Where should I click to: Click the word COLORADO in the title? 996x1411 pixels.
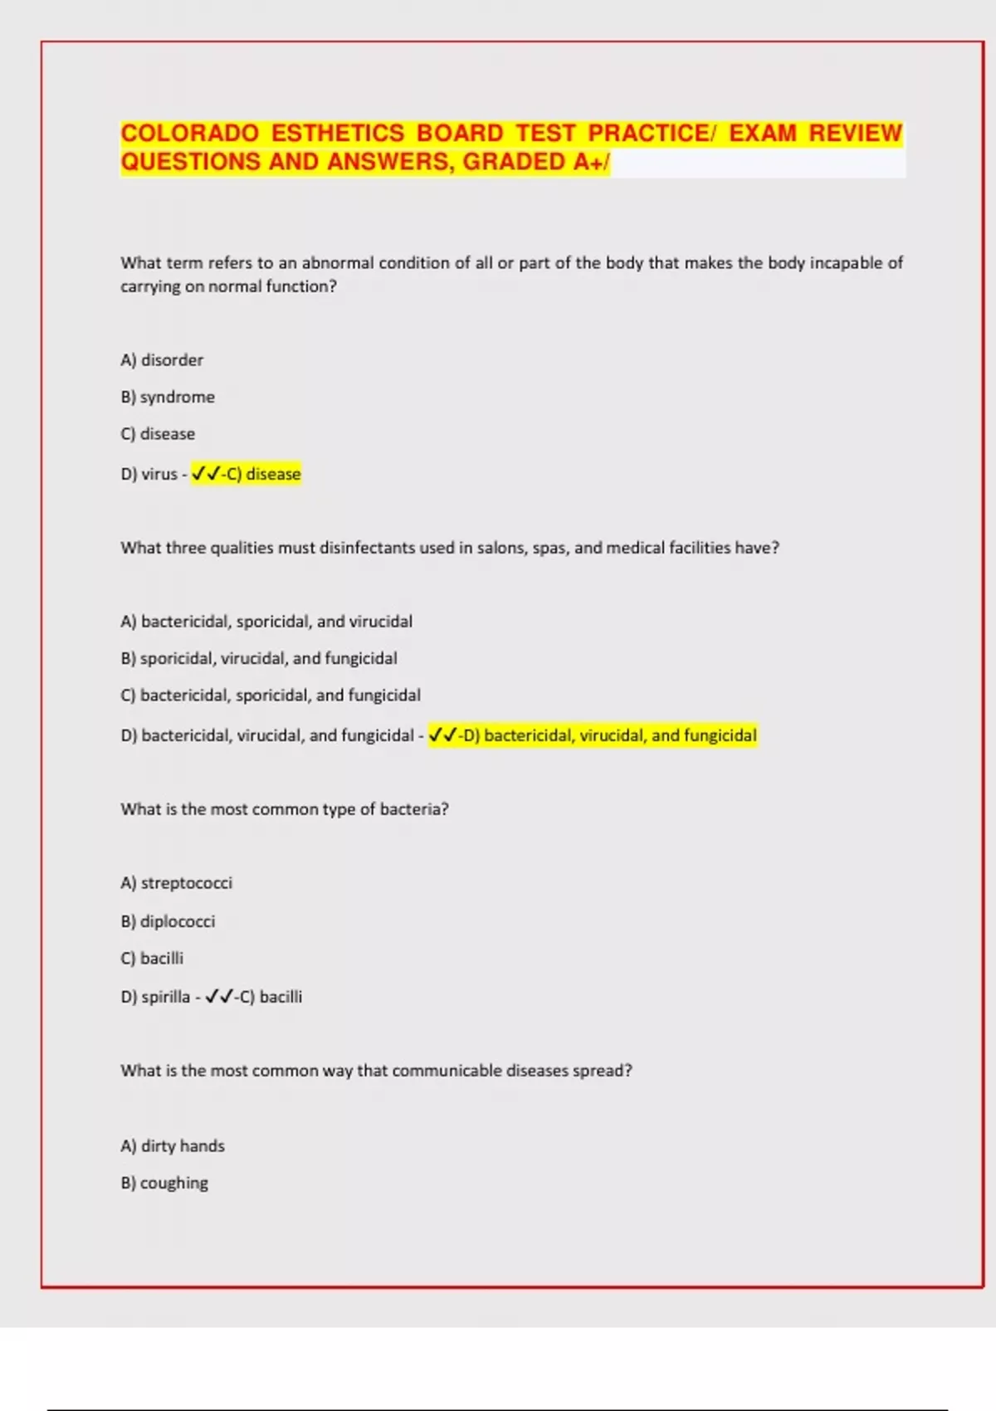pos(190,134)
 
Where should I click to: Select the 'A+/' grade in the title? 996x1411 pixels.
pos(591,162)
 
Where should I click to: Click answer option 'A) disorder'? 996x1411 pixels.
pos(162,360)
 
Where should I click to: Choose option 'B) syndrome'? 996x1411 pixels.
pos(168,398)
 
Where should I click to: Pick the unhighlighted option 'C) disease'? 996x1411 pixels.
pos(158,434)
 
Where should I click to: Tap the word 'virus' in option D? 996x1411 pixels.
pos(159,474)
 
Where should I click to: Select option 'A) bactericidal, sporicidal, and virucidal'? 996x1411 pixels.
pos(266,622)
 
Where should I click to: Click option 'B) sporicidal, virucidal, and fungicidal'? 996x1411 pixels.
pos(259,659)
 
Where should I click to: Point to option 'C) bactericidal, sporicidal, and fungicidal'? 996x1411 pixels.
pos(271,696)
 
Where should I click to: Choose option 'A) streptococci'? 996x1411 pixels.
pos(177,883)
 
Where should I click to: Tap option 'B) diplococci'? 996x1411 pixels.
pos(168,921)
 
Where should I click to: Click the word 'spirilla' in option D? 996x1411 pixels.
pos(165,997)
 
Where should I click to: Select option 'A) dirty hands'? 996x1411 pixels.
pos(173,1146)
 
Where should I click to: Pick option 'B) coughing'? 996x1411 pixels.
pos(164,1183)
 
